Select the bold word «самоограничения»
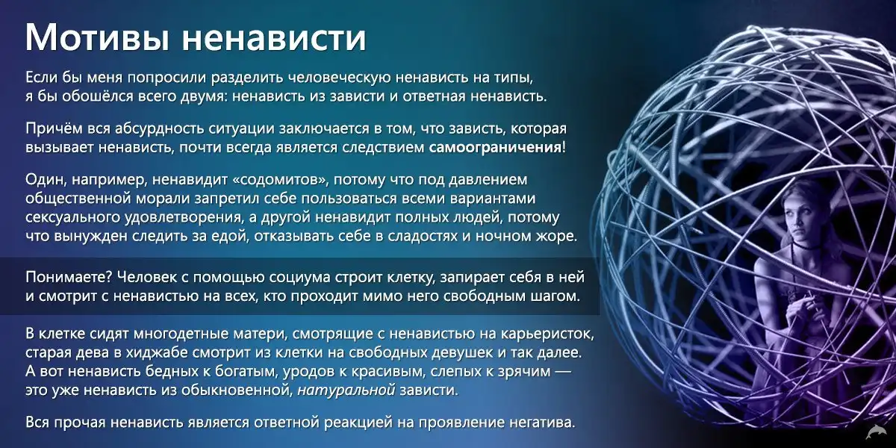pyautogui.click(x=495, y=148)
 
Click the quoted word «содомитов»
pyautogui.click(x=279, y=180)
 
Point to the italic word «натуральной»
pyautogui.click(x=346, y=390)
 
